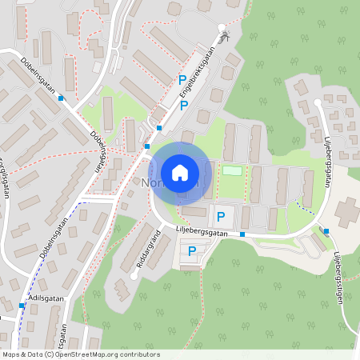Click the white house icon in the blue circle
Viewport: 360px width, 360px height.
point(179,172)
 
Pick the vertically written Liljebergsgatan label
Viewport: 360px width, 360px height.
point(328,160)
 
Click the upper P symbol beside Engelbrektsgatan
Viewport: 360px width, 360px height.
point(182,80)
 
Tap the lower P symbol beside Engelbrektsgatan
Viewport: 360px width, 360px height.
point(184,106)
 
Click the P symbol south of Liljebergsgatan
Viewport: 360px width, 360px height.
point(192,252)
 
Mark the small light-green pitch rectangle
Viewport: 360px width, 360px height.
point(232,170)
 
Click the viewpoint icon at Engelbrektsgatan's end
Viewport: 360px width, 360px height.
point(223,35)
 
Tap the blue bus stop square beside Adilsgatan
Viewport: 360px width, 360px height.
point(21,306)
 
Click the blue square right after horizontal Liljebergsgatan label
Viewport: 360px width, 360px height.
point(326,232)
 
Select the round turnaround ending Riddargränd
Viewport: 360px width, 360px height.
point(133,276)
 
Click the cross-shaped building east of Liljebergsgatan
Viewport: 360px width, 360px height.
point(348,211)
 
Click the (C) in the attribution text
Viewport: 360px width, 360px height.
point(49,354)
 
